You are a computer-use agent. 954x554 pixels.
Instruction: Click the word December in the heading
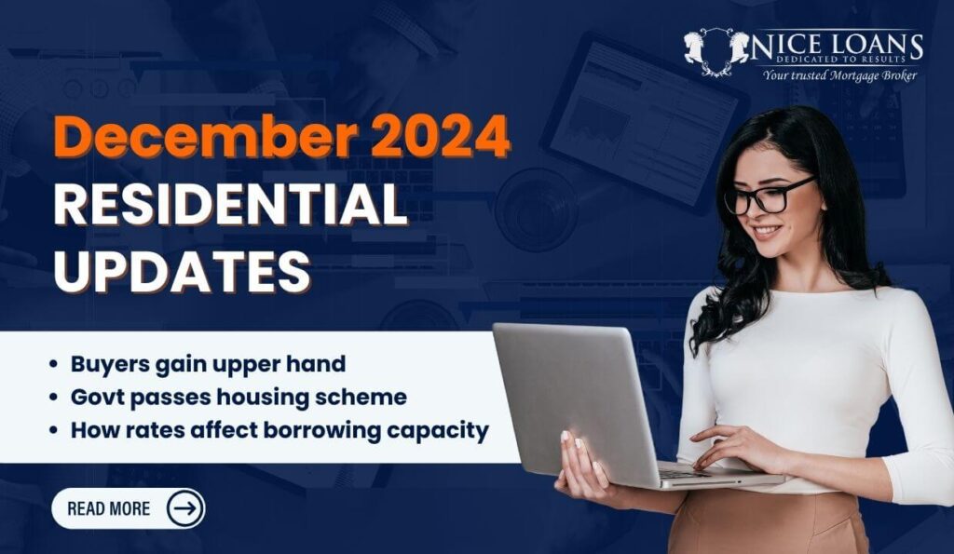tap(206, 136)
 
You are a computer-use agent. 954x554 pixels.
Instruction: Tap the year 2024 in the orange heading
tap(441, 136)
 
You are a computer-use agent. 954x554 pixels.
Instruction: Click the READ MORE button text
tap(108, 508)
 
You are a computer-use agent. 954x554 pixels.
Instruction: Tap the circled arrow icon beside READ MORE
tap(184, 508)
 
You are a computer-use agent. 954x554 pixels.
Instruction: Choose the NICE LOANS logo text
tap(838, 47)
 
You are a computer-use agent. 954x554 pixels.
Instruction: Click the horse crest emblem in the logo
tap(716, 52)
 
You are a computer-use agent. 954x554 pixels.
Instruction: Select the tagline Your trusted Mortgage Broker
tap(839, 74)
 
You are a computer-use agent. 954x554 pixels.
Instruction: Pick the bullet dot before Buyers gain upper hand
tap(54, 364)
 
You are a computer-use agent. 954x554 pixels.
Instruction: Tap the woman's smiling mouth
tap(767, 232)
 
